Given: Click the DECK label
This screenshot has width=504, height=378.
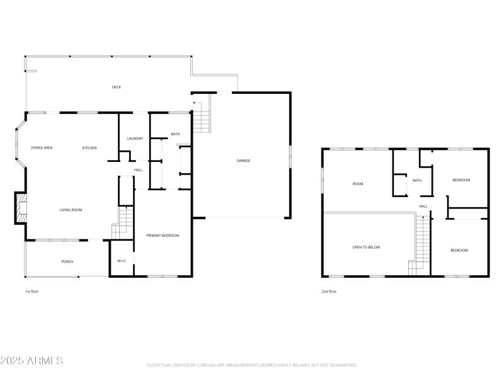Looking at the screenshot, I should (117, 87).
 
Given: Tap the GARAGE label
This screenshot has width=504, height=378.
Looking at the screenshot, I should (243, 161).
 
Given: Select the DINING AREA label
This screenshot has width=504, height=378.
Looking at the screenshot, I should (42, 147).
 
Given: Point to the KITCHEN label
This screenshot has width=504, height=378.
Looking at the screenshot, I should (89, 147).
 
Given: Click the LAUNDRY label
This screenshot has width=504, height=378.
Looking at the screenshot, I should (135, 139).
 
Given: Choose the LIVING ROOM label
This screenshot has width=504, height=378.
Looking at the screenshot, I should (71, 210).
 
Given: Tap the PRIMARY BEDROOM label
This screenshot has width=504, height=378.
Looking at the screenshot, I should (163, 236).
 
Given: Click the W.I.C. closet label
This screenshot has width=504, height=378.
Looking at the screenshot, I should (122, 261).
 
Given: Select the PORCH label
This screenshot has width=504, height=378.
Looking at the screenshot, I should (67, 261).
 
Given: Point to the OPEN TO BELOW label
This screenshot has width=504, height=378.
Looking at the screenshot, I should (366, 247).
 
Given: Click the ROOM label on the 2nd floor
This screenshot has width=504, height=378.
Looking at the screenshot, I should (358, 184).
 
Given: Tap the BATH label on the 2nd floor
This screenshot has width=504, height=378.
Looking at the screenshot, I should (417, 180).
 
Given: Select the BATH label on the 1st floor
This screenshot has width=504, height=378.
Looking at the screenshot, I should (175, 134).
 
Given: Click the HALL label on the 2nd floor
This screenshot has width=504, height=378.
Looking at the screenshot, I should (423, 206).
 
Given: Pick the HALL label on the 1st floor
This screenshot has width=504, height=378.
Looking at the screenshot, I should (138, 169).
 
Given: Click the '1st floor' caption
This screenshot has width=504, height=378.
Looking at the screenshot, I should (32, 292).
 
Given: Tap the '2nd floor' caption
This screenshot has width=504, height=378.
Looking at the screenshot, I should (329, 292).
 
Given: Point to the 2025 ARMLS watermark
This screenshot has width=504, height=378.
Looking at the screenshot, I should (31, 361).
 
